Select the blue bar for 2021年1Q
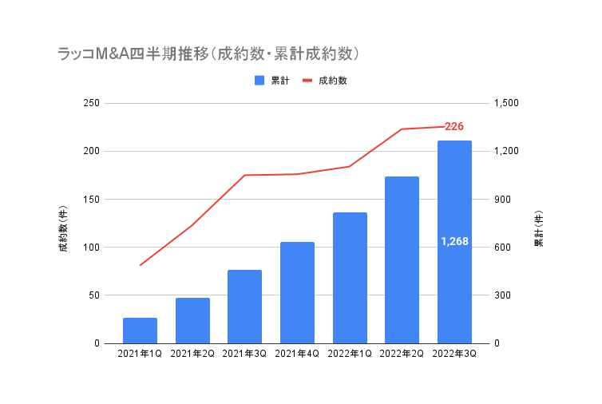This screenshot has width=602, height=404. click(x=140, y=331)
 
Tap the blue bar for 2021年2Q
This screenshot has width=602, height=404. click(x=192, y=321)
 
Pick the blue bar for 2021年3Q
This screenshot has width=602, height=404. click(x=244, y=307)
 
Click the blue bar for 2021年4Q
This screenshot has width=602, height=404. click(x=297, y=292)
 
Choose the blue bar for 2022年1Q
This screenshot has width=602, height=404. click(x=350, y=278)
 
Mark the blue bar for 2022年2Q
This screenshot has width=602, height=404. click(x=402, y=260)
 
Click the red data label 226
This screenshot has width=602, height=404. click(x=454, y=126)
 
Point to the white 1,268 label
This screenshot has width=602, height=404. click(x=454, y=241)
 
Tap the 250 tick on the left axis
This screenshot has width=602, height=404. click(x=92, y=103)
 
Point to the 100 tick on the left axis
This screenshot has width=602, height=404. click(x=92, y=248)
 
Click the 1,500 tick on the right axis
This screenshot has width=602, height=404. click(x=506, y=103)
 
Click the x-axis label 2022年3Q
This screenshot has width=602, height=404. click(x=454, y=354)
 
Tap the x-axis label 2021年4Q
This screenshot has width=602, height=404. click(x=297, y=354)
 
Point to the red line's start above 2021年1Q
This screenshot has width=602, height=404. click(x=141, y=265)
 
